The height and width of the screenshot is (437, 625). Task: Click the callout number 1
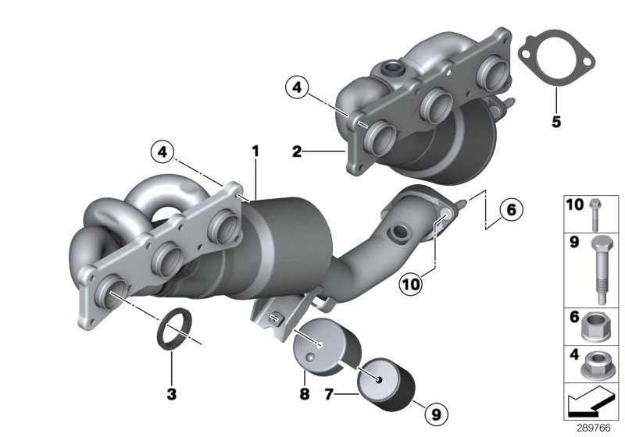coord(254,148)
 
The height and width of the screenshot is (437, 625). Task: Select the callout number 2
coord(297,151)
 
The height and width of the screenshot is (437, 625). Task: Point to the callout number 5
coord(556,122)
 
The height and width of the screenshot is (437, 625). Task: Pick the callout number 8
coord(305,396)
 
